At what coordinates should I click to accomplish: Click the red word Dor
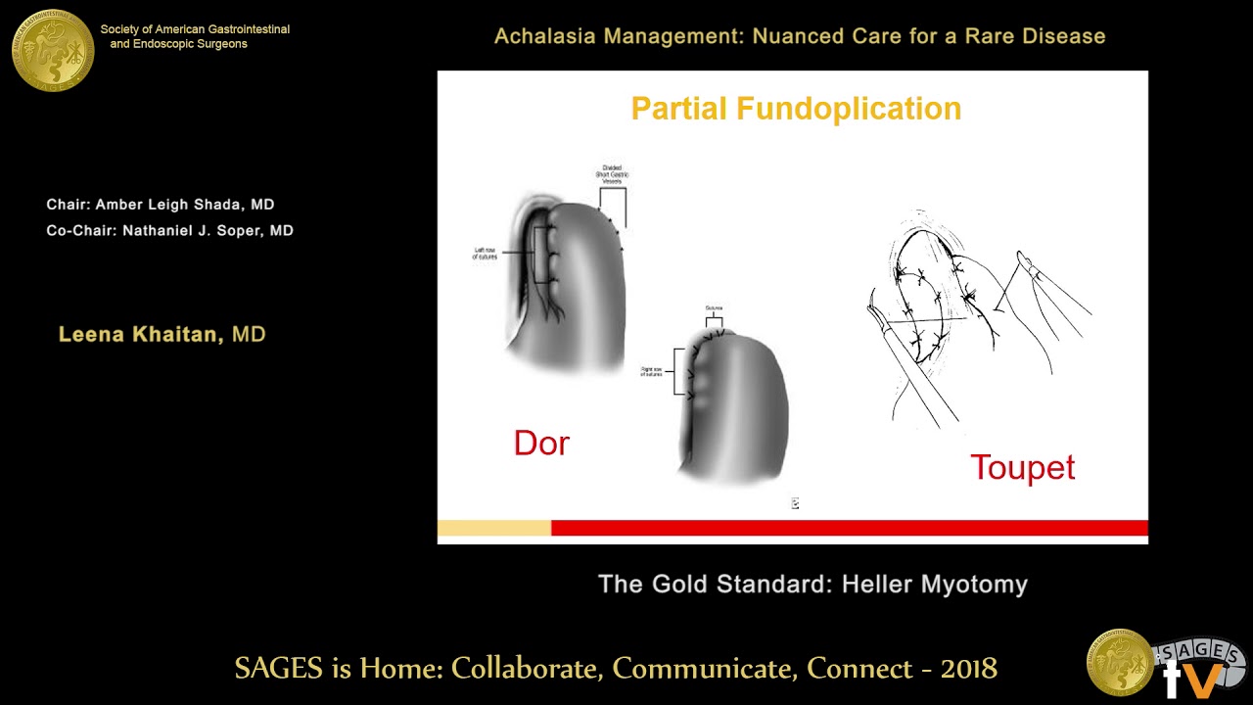[x=541, y=444]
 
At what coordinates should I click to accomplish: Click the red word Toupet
[x=1022, y=467]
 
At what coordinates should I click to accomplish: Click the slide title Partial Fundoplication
[x=796, y=109]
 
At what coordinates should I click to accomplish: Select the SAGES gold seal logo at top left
[x=53, y=51]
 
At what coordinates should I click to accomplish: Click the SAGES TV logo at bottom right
[x=1165, y=663]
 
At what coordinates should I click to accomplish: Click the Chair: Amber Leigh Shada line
[x=161, y=205]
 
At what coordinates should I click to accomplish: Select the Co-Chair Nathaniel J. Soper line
[x=169, y=231]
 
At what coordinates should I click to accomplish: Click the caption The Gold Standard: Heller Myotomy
[x=812, y=585]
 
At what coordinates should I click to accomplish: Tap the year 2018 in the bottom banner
[x=968, y=669]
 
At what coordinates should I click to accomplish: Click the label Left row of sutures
[x=486, y=254]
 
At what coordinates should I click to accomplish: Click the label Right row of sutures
[x=652, y=372]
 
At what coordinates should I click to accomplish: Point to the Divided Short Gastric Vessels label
[x=612, y=174]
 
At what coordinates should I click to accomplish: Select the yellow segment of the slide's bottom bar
[x=493, y=529]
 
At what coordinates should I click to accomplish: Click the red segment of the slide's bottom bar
[x=849, y=529]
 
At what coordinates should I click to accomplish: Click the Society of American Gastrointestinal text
[x=195, y=29]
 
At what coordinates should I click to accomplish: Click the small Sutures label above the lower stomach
[x=714, y=308]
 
